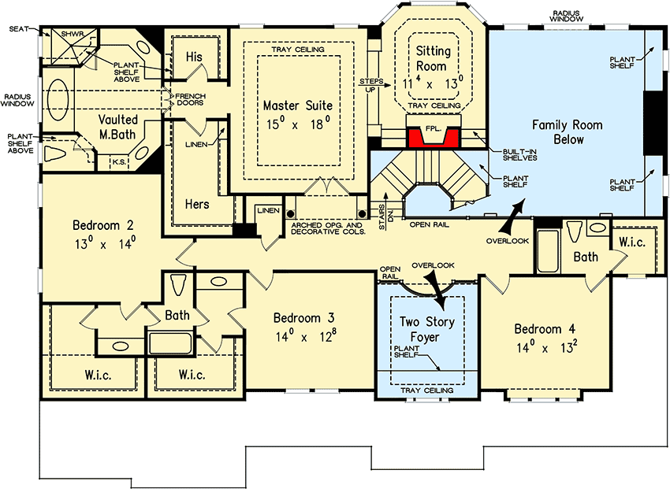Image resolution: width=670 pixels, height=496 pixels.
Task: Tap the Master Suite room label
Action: pos(297,113)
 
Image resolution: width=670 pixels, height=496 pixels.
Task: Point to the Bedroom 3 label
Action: pos(303,326)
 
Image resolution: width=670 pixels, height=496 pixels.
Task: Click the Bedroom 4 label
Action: pos(545,337)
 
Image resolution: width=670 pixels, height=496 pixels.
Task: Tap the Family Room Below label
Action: pos(568,132)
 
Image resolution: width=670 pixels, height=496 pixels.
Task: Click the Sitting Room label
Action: pos(434,59)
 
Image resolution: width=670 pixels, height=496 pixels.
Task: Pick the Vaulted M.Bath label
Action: pos(118,128)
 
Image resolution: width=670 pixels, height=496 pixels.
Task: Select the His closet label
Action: pos(193,57)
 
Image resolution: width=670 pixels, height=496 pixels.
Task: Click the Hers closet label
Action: pos(196,204)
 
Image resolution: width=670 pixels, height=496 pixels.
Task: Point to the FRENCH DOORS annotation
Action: pos(179,101)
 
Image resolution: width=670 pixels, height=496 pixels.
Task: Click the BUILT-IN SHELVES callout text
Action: pos(519,155)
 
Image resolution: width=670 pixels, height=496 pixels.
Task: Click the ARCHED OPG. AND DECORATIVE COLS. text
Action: pos(327,229)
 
